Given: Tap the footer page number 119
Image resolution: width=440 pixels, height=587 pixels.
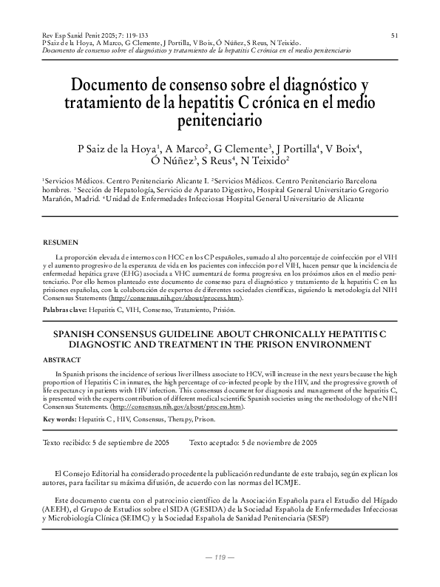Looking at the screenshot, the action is tap(220, 557).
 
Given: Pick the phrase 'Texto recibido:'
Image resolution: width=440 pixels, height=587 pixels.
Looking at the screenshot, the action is tap(69, 443).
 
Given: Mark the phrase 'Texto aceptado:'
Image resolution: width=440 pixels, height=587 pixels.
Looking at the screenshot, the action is tap(215, 443).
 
